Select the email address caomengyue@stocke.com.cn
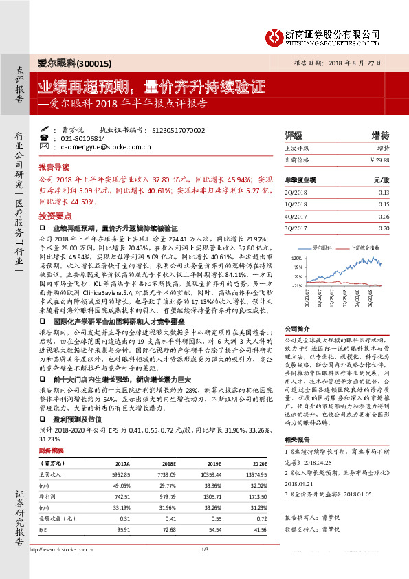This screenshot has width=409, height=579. (103, 146)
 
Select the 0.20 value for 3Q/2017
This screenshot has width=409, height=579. (383, 227)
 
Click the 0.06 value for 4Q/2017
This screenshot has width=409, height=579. (383, 216)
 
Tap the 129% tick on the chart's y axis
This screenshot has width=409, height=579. (298, 258)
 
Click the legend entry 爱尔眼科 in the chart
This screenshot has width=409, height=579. (322, 246)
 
